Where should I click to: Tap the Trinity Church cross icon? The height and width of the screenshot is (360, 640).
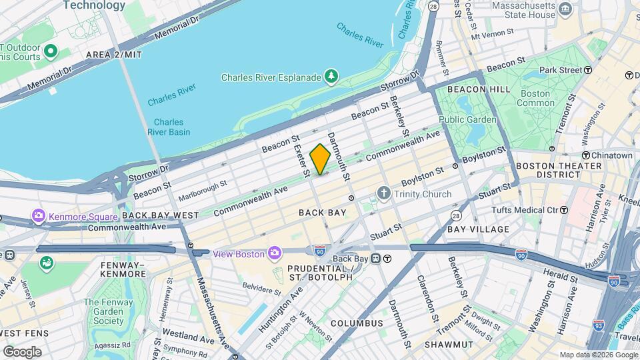[x=383, y=194]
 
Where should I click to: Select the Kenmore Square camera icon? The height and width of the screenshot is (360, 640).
[x=39, y=216]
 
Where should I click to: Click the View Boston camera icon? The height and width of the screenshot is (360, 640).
[x=274, y=253]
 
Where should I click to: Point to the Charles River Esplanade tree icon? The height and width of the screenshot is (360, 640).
[x=331, y=77]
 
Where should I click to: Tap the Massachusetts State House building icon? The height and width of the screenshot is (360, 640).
[x=565, y=9]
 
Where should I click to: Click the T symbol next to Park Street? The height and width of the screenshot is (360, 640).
[x=588, y=70]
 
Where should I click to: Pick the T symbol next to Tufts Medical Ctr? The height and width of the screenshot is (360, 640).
[x=564, y=210]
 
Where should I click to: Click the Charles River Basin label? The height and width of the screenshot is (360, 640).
[x=168, y=127]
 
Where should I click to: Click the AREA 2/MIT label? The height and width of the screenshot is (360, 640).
[x=113, y=54]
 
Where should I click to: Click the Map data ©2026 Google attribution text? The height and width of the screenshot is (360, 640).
[x=598, y=355]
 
